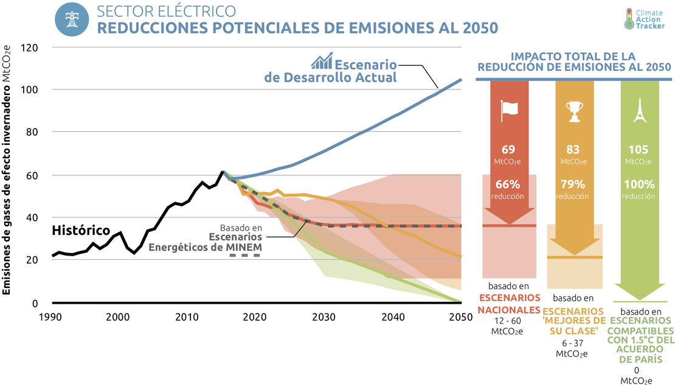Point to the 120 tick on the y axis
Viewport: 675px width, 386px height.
(x=30, y=47)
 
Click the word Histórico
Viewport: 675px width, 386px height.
(x=81, y=231)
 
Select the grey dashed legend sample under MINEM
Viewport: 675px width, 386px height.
(x=244, y=255)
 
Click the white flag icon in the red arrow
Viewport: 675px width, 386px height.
(x=509, y=110)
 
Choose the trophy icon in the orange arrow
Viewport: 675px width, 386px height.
(x=573, y=110)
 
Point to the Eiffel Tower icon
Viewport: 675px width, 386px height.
(x=639, y=110)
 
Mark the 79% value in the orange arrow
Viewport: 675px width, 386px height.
(x=573, y=184)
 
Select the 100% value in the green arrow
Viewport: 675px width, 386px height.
(x=639, y=184)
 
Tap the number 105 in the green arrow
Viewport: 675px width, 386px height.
(x=639, y=150)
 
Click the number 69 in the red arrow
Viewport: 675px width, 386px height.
(x=509, y=150)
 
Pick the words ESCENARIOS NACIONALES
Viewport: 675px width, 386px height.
(x=510, y=304)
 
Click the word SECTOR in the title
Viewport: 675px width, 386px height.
(x=119, y=12)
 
